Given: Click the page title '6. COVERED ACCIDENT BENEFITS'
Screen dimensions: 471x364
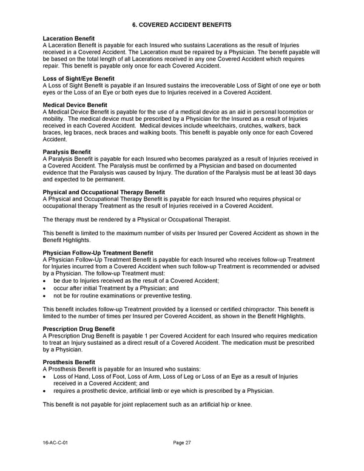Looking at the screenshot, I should (x=182, y=24).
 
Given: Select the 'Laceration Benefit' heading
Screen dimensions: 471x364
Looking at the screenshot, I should (x=69, y=39).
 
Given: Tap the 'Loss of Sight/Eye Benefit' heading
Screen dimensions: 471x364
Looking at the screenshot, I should (x=78, y=79).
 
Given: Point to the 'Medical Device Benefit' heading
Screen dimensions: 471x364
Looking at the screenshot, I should (x=75, y=105).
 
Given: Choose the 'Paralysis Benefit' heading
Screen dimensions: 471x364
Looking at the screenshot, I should (x=67, y=152).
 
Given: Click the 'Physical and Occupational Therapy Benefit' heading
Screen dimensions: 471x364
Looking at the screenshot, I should (x=104, y=192).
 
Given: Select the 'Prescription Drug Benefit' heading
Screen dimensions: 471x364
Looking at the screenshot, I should (x=79, y=329).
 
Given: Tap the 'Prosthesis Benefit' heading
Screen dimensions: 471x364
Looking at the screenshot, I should (x=69, y=362).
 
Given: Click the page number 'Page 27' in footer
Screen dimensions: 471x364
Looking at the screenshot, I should (x=182, y=443).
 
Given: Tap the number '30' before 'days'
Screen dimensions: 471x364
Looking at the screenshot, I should (x=295, y=172).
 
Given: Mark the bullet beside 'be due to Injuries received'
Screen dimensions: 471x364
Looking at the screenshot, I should (x=45, y=281).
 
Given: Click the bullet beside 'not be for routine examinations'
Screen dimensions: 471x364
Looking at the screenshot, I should (x=45, y=296).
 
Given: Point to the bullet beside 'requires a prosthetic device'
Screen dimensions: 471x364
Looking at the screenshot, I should (x=45, y=391).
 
